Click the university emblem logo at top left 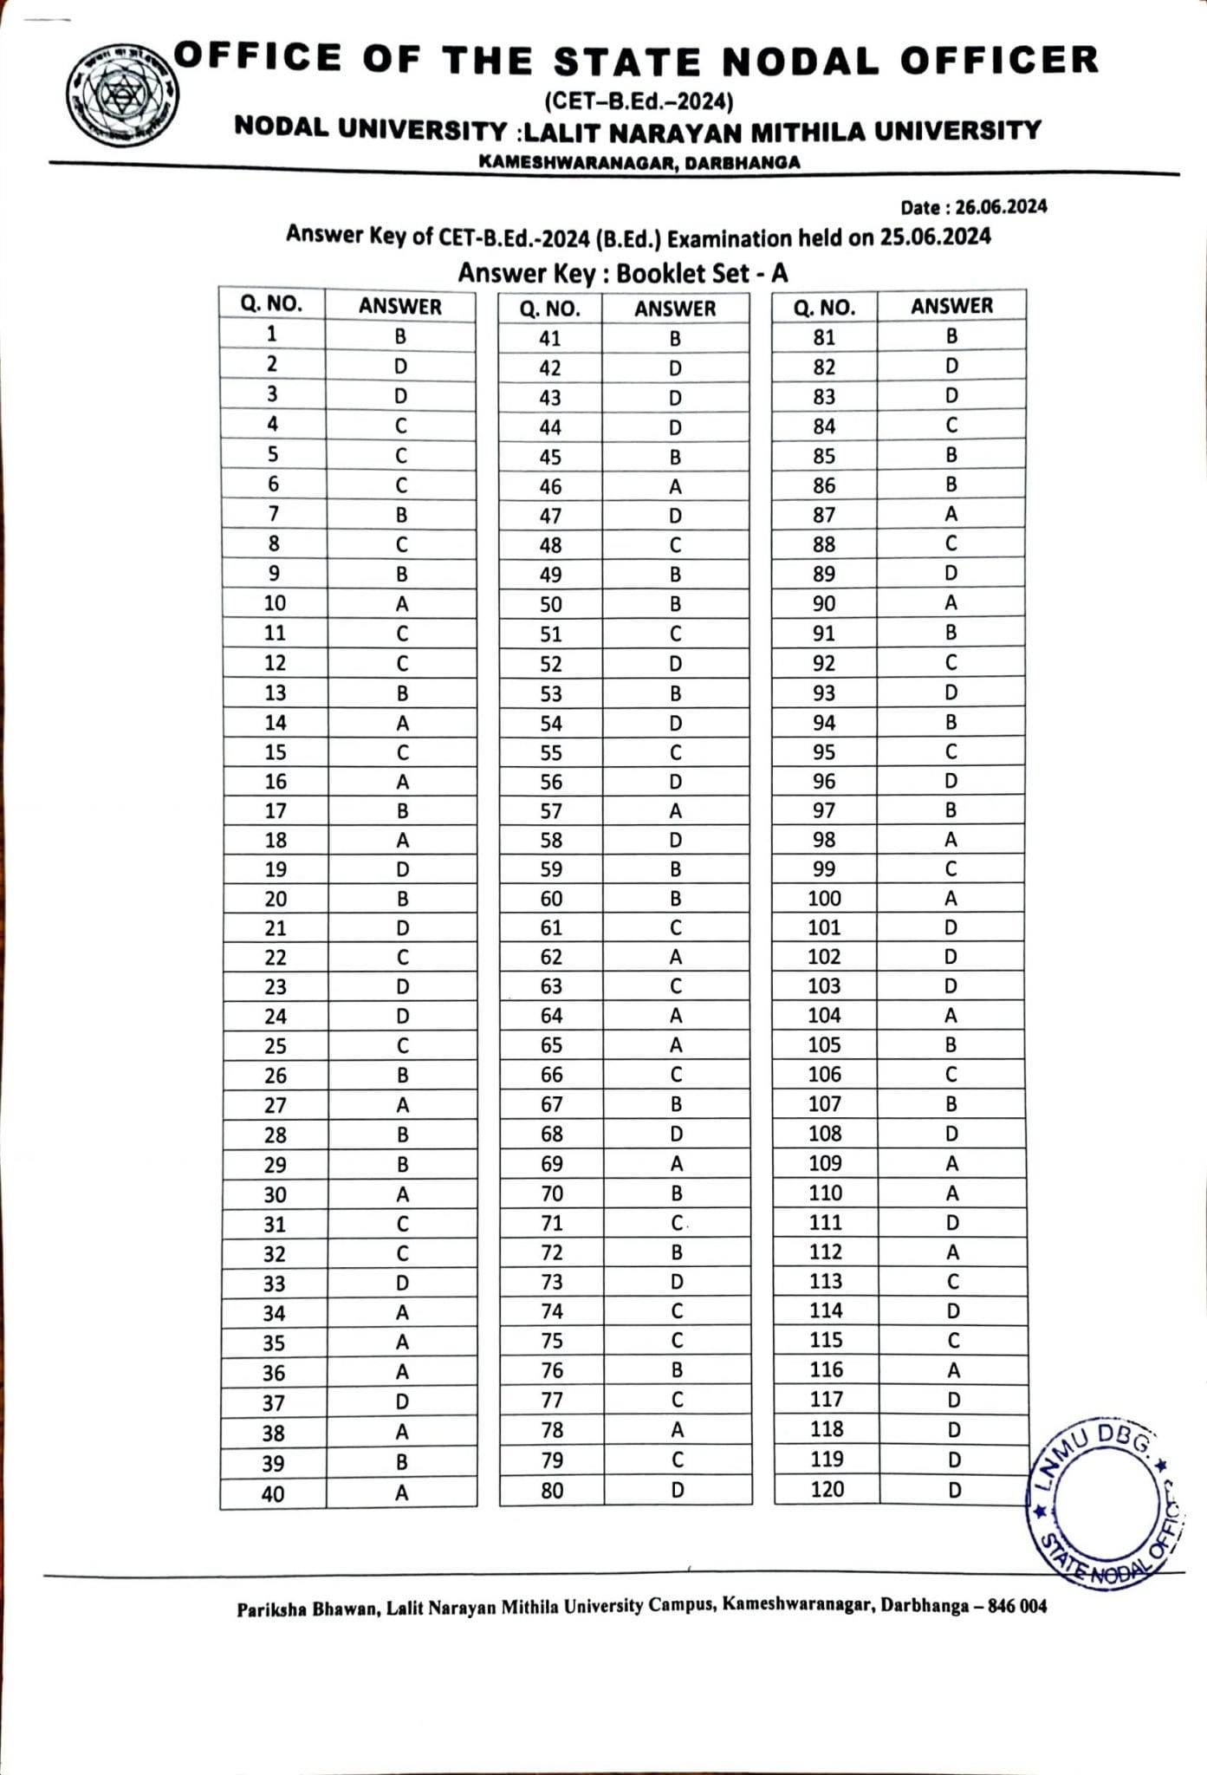pos(123,94)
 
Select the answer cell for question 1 pos(400,335)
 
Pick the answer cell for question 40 pos(401,1492)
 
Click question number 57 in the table pos(551,811)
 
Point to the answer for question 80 pos(677,1490)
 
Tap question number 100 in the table pos(824,899)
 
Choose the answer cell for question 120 pos(954,1490)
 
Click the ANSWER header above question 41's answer pos(675,309)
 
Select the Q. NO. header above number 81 pos(824,307)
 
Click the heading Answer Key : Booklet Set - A pos(623,273)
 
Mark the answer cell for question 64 pos(676,1015)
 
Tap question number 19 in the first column pos(276,869)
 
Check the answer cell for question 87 pos(951,514)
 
